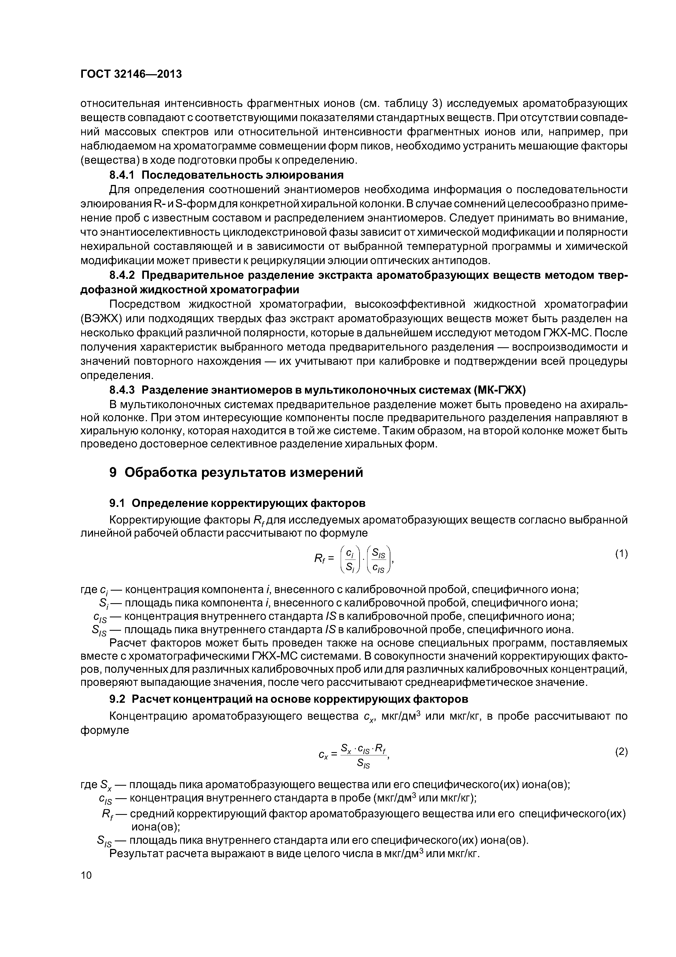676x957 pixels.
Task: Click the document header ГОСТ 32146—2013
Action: tap(131, 74)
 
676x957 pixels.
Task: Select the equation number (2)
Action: tap(621, 752)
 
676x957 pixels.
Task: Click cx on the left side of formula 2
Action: tap(323, 754)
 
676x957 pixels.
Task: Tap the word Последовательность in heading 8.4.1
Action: tap(193, 174)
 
